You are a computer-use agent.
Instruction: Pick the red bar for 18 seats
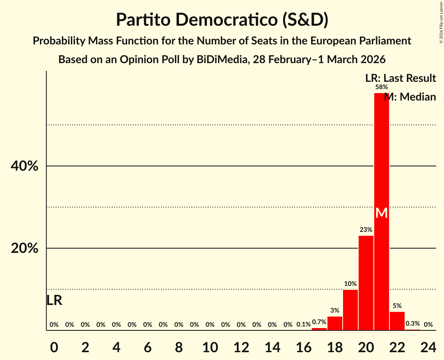tap(334, 323)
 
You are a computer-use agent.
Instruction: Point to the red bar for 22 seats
tap(397, 321)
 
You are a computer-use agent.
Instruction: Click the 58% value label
tap(381, 87)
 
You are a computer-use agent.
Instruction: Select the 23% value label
tap(366, 230)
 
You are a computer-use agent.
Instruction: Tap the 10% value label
tap(350, 284)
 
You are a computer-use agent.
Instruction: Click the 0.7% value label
tap(319, 322)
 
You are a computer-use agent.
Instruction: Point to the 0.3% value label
tap(412, 323)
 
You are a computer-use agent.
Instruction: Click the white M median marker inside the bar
tap(381, 213)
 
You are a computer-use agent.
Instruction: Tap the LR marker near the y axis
tap(54, 300)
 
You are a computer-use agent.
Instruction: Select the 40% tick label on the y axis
tap(24, 166)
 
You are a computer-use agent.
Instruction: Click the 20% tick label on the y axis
tap(24, 248)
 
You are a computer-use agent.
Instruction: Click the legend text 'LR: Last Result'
tap(400, 78)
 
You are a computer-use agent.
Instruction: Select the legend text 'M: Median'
tap(410, 97)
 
